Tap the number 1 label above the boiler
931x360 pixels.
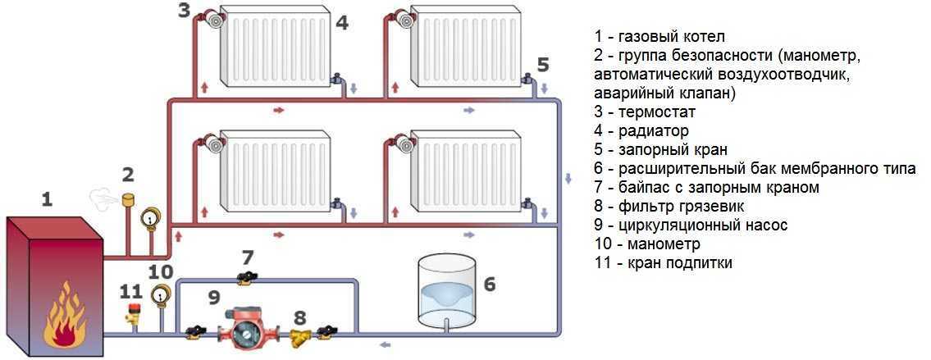(47, 198)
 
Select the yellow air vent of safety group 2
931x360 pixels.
(127, 200)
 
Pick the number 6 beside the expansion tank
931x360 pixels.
(490, 284)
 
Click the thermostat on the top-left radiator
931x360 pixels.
(215, 20)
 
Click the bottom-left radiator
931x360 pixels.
(276, 170)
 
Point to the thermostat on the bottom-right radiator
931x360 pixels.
(403, 144)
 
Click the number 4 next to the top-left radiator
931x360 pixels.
(342, 24)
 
